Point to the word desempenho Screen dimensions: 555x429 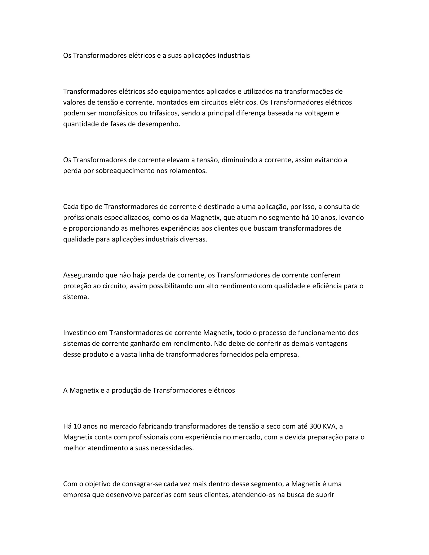(x=159, y=124)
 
